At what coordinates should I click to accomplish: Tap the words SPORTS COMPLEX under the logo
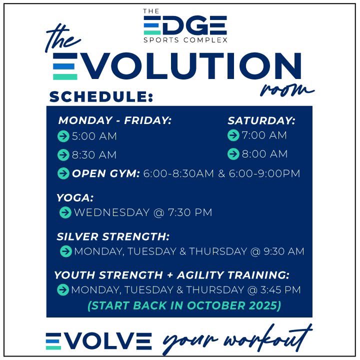pyautogui.click(x=185, y=39)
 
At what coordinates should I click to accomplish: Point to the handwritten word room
pyautogui.click(x=285, y=90)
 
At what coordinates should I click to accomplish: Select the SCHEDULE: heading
pyautogui.click(x=100, y=96)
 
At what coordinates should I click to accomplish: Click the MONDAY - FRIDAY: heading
pyautogui.click(x=115, y=120)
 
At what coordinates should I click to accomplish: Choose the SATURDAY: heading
pyautogui.click(x=261, y=120)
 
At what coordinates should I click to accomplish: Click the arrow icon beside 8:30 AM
pyautogui.click(x=63, y=155)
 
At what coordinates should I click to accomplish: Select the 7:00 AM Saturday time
pyautogui.click(x=264, y=135)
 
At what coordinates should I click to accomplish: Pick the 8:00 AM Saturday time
pyautogui.click(x=264, y=154)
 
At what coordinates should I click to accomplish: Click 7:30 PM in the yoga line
pyautogui.click(x=189, y=212)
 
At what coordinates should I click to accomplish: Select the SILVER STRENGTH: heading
pyautogui.click(x=113, y=236)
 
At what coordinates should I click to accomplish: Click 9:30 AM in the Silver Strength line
pyautogui.click(x=283, y=251)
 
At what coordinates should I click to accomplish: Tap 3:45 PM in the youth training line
pyautogui.click(x=279, y=289)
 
